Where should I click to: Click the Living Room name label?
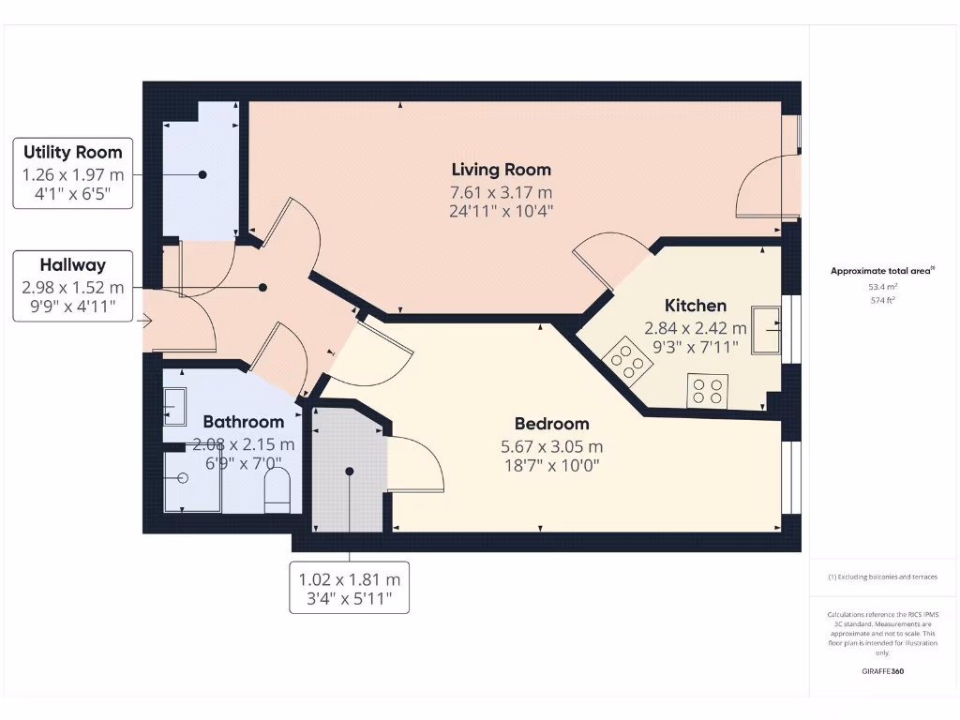501,170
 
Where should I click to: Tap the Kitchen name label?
695,306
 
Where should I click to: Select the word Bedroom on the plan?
551,424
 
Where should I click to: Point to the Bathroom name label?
243,422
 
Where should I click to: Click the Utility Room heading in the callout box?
72,152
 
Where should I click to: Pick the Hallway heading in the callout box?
72,265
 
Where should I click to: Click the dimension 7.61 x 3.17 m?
501,191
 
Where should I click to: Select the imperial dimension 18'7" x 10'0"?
551,465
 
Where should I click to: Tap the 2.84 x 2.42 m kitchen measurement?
695,328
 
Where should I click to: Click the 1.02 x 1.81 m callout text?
349,579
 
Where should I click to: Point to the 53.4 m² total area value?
882,286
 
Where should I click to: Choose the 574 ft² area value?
882,300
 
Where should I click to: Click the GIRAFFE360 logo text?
882,671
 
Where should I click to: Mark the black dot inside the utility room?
202,174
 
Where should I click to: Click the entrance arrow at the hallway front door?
146,322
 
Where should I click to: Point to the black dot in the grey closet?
349,472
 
